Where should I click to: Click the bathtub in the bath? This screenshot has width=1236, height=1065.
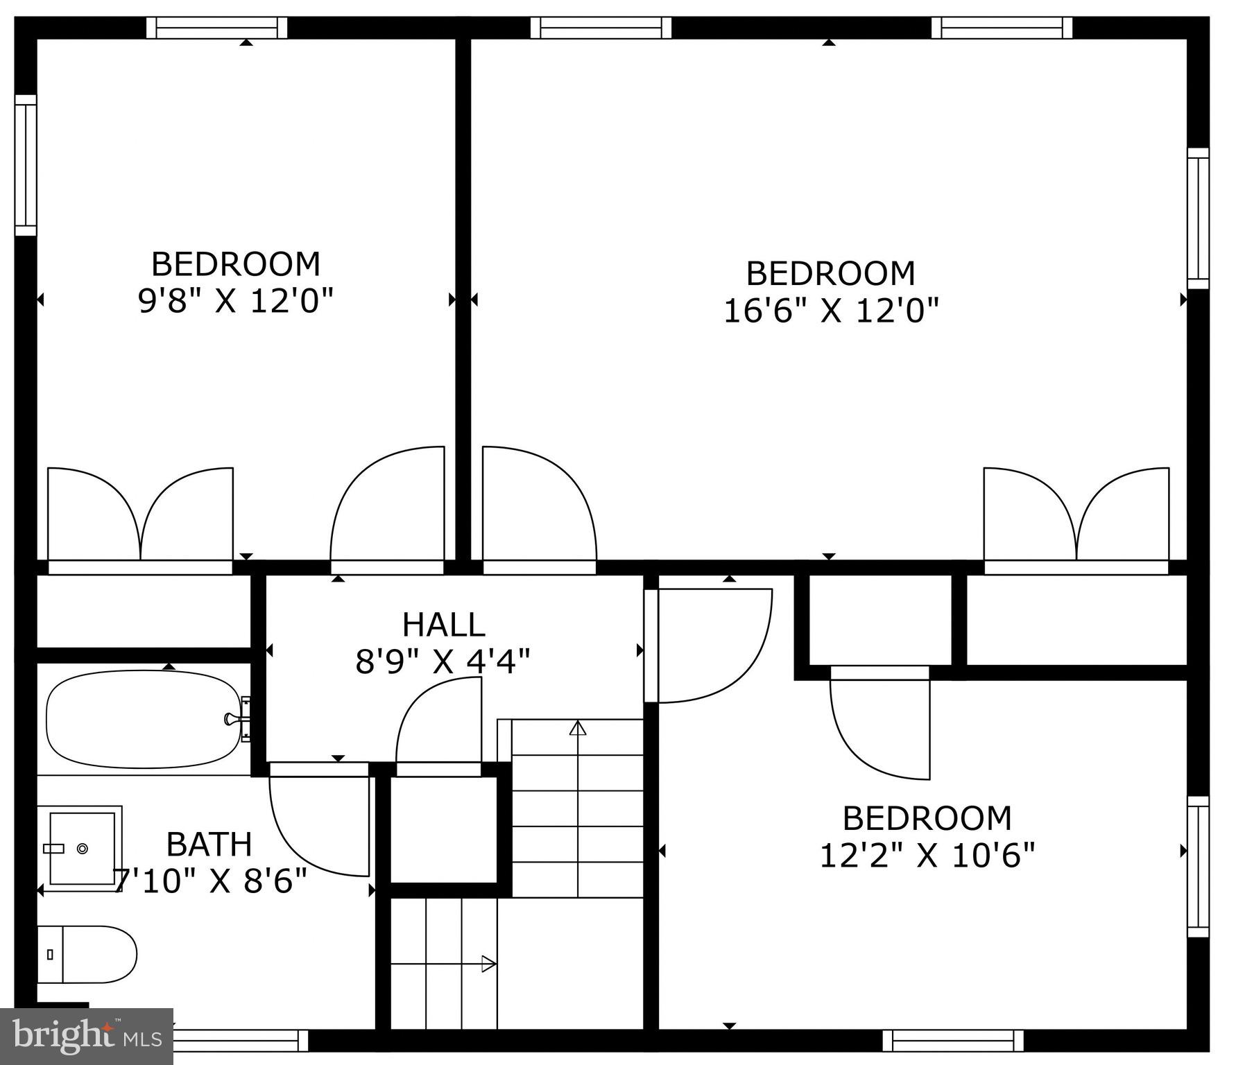click(x=142, y=719)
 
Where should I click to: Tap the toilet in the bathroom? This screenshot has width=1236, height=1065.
click(x=87, y=954)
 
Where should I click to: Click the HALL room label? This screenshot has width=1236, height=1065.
click(x=443, y=625)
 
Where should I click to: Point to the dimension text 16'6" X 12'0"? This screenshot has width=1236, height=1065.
click(x=831, y=310)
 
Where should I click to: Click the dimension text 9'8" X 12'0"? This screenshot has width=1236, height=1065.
click(x=236, y=301)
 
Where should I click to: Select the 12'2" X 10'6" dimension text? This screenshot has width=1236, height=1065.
click(x=927, y=855)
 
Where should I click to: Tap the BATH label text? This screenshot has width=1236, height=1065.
click(x=209, y=844)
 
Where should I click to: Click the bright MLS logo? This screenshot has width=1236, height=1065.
click(x=87, y=1037)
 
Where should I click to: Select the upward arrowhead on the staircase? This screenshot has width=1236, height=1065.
click(x=578, y=728)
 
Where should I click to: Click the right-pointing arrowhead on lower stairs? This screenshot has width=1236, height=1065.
click(x=488, y=964)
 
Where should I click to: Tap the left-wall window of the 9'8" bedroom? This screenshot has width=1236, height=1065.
click(x=26, y=165)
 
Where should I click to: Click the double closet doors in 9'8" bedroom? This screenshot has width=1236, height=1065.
click(x=140, y=517)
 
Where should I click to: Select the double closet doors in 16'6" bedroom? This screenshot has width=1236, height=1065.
click(x=1076, y=517)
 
